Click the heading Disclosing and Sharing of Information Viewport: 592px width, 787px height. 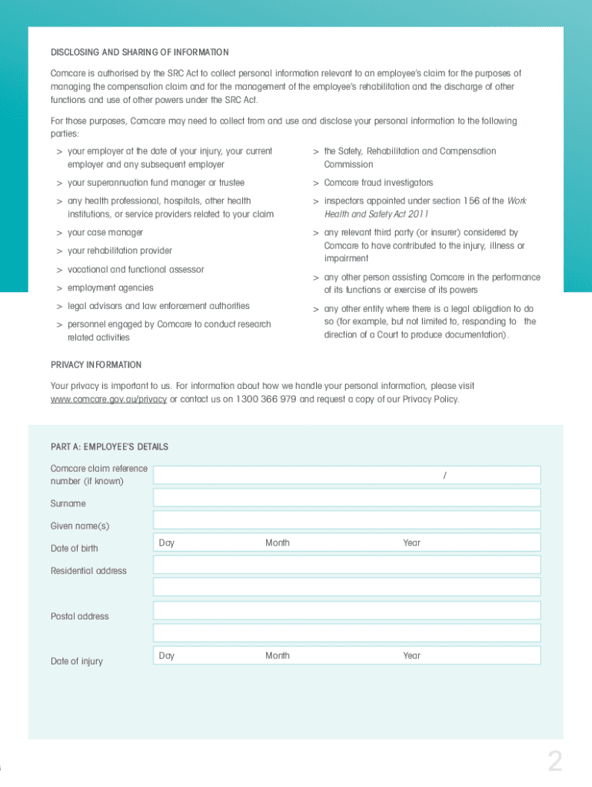[139, 52]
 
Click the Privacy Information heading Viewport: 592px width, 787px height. [96, 364]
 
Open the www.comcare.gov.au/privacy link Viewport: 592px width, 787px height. [108, 399]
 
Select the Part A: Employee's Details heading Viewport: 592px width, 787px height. [109, 447]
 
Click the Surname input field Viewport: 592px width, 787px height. [347, 497]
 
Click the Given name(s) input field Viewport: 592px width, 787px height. [347, 520]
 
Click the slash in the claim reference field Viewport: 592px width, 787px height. [445, 476]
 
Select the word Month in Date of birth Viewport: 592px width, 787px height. [278, 543]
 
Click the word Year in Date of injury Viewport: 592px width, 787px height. [411, 656]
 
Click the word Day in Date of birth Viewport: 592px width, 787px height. [167, 543]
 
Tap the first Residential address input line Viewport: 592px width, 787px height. [347, 565]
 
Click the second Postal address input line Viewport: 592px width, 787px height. [347, 633]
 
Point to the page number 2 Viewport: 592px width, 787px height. [554, 762]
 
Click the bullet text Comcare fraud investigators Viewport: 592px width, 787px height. [378, 183]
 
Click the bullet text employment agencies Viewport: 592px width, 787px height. [110, 287]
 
